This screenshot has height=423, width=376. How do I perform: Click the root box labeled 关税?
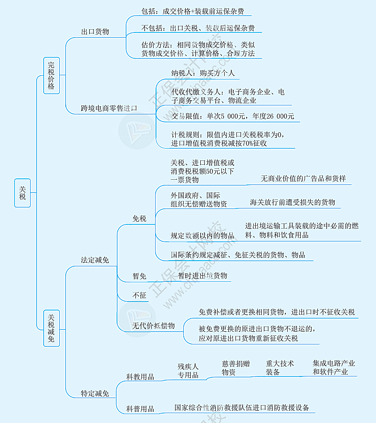(23, 193)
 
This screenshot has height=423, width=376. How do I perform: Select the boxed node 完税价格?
(52, 76)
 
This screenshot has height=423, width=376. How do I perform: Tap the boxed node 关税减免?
(52, 328)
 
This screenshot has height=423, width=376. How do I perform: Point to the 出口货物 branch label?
(95, 32)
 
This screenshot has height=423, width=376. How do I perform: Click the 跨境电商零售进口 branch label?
(109, 108)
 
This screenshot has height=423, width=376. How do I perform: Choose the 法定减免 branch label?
(95, 260)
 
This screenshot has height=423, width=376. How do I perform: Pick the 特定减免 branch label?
(95, 394)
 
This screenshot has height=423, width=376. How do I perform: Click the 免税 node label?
(139, 218)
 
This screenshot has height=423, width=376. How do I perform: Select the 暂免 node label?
(139, 276)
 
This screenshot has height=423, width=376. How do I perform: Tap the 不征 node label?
(139, 295)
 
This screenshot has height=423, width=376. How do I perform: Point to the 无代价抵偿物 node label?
(153, 326)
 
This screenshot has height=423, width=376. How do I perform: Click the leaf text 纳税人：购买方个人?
(203, 73)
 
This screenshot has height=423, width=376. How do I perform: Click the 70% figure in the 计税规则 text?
(247, 143)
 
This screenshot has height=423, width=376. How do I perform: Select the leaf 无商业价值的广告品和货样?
(303, 179)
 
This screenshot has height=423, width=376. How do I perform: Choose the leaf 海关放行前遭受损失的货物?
(292, 202)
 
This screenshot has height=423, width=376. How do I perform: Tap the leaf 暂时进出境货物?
(203, 276)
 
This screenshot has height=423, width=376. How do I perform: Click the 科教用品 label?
(140, 377)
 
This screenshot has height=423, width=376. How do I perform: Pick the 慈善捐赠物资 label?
(236, 368)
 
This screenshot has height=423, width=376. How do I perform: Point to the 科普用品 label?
(140, 409)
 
